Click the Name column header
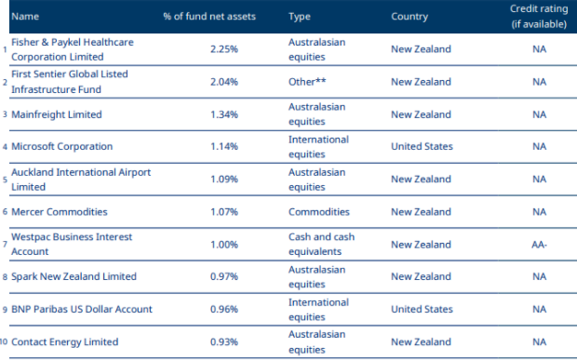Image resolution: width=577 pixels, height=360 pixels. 26,17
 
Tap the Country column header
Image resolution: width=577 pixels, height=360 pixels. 409,17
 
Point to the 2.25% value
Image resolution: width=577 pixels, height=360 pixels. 224,49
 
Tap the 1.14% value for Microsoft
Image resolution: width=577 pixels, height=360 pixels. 224,147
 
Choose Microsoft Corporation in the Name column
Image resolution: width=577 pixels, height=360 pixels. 62,147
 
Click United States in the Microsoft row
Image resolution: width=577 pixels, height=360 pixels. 422,147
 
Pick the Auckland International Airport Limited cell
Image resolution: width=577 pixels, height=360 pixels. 81,180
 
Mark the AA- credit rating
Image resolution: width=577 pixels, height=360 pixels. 539,244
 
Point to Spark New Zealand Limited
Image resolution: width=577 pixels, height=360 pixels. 74,276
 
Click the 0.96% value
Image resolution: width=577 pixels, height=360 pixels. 224,309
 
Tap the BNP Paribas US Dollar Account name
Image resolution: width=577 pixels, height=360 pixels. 82,309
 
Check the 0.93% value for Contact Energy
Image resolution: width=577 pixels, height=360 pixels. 224,341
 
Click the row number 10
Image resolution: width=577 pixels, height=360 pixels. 6,341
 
